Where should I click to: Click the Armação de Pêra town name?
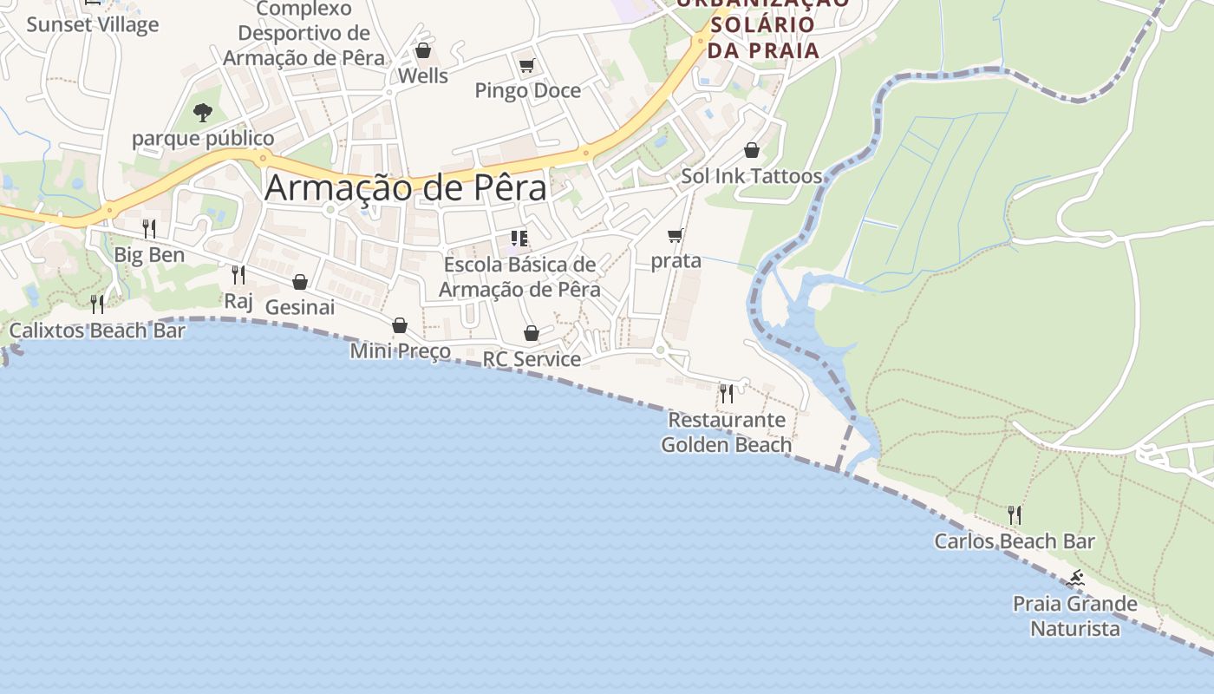(x=406, y=187)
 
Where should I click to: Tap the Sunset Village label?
(x=93, y=23)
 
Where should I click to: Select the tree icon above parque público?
(x=203, y=112)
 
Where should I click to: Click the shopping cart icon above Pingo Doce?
(x=526, y=65)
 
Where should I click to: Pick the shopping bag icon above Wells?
(x=423, y=50)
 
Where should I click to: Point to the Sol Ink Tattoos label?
(x=751, y=176)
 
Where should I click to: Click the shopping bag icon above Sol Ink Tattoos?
(x=752, y=150)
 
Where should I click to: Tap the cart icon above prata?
(x=676, y=235)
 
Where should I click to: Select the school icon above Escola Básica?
(x=519, y=239)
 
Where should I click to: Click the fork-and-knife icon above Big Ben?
(x=149, y=228)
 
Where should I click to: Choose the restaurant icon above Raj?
(x=238, y=275)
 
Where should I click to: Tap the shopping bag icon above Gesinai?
(x=300, y=282)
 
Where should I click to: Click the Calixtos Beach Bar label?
(x=97, y=331)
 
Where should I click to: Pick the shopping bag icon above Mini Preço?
(x=400, y=325)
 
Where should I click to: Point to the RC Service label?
(x=532, y=359)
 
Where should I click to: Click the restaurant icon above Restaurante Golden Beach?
(x=726, y=394)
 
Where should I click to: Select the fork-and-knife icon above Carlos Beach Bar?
(x=1014, y=515)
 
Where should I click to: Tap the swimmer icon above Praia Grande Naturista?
(x=1075, y=578)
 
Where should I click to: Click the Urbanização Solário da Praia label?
(x=763, y=26)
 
